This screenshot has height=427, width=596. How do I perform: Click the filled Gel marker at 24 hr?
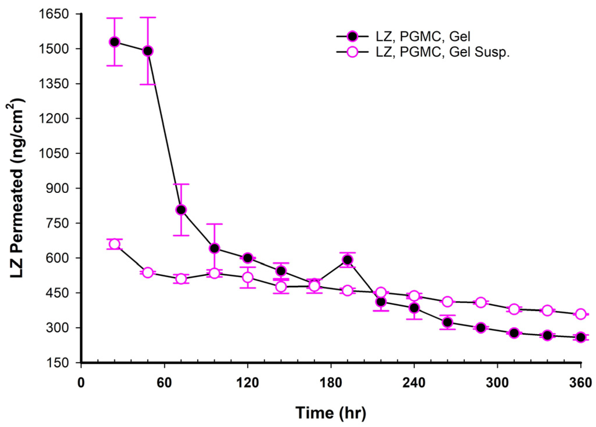coord(115,42)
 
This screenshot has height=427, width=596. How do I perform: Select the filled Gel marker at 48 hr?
coord(148,51)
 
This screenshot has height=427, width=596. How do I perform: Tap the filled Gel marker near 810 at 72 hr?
coord(181,210)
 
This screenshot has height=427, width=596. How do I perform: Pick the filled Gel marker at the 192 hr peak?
coord(348,260)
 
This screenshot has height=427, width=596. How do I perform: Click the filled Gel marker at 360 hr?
coord(581,337)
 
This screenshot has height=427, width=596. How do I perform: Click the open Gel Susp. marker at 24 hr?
coord(115,244)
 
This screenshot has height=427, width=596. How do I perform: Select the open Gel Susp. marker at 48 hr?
coord(148,272)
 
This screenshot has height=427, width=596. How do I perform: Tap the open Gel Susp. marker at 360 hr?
coord(581,314)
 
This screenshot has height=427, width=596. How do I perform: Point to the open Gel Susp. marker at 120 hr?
coord(248,277)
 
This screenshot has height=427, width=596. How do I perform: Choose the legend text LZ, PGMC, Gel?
coord(423,37)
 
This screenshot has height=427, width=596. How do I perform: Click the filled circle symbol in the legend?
coord(353,37)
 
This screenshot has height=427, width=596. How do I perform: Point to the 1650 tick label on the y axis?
coord(54,14)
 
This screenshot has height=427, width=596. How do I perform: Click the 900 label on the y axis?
coord(58,188)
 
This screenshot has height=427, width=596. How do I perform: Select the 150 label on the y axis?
coord(58,363)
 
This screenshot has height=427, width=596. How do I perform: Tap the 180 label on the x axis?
coord(331,383)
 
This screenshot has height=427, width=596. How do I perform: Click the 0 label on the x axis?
coord(81,383)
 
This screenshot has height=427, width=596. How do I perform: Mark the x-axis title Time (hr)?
coord(331,413)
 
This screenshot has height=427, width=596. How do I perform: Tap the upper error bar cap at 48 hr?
coord(148,17)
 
